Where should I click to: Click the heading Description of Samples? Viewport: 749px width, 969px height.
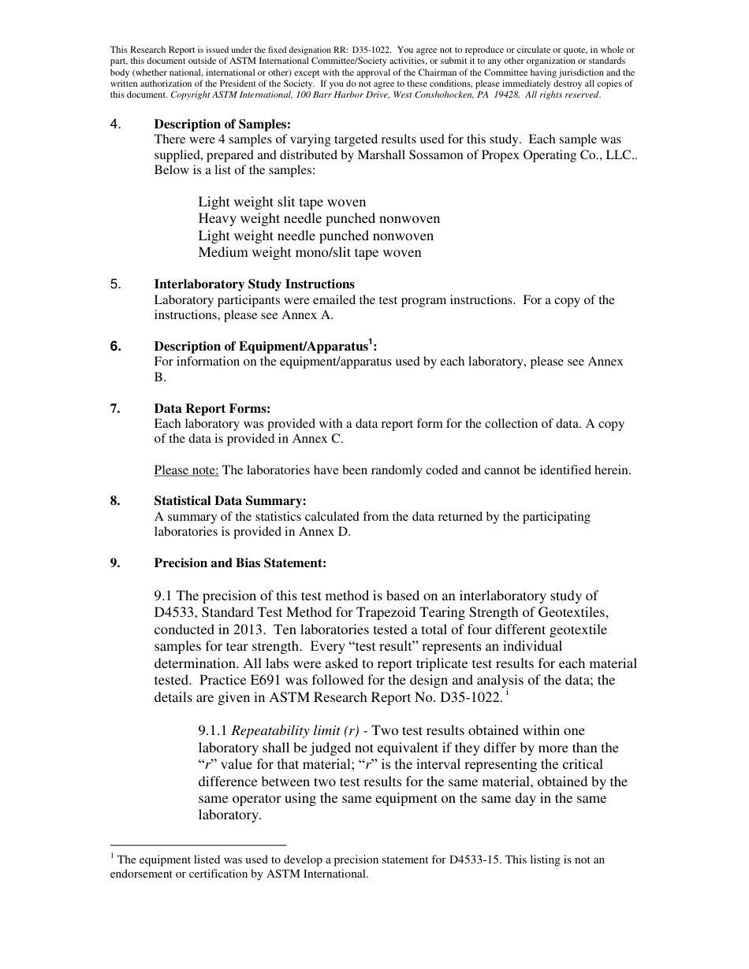222,124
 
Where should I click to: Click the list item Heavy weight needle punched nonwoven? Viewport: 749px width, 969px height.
319,218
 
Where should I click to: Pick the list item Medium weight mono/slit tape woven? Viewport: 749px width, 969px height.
309,253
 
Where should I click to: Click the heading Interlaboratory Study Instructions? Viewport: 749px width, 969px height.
254,284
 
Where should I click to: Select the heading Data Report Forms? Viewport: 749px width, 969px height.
212,408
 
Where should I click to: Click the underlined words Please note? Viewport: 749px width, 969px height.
186,470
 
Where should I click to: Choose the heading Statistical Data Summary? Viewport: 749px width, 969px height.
230,501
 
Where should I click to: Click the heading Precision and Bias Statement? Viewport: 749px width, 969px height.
240,563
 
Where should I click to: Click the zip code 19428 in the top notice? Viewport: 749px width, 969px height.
502,95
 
